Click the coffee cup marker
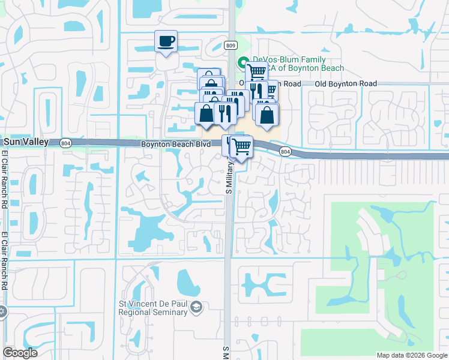click(x=166, y=42)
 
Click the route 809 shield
click(x=231, y=45)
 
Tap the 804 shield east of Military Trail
click(x=285, y=152)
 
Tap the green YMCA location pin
click(x=243, y=62)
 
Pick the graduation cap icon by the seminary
click(x=196, y=308)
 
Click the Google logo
click(x=20, y=353)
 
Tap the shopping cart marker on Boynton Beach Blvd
click(x=241, y=146)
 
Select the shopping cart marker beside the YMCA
click(x=256, y=71)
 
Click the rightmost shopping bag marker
click(x=267, y=114)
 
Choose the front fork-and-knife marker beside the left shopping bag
click(x=224, y=113)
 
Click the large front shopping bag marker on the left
click(x=206, y=113)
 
